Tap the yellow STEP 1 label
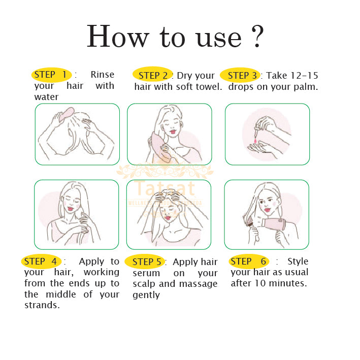click(x=51, y=75)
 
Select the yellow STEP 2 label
click(x=153, y=75)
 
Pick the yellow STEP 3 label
click(x=241, y=76)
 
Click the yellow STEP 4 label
click(x=41, y=261)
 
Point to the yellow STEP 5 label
click(x=146, y=262)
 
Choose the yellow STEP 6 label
click(x=248, y=261)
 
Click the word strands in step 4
click(x=42, y=305)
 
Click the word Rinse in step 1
click(x=102, y=75)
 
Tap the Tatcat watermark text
click(x=165, y=189)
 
